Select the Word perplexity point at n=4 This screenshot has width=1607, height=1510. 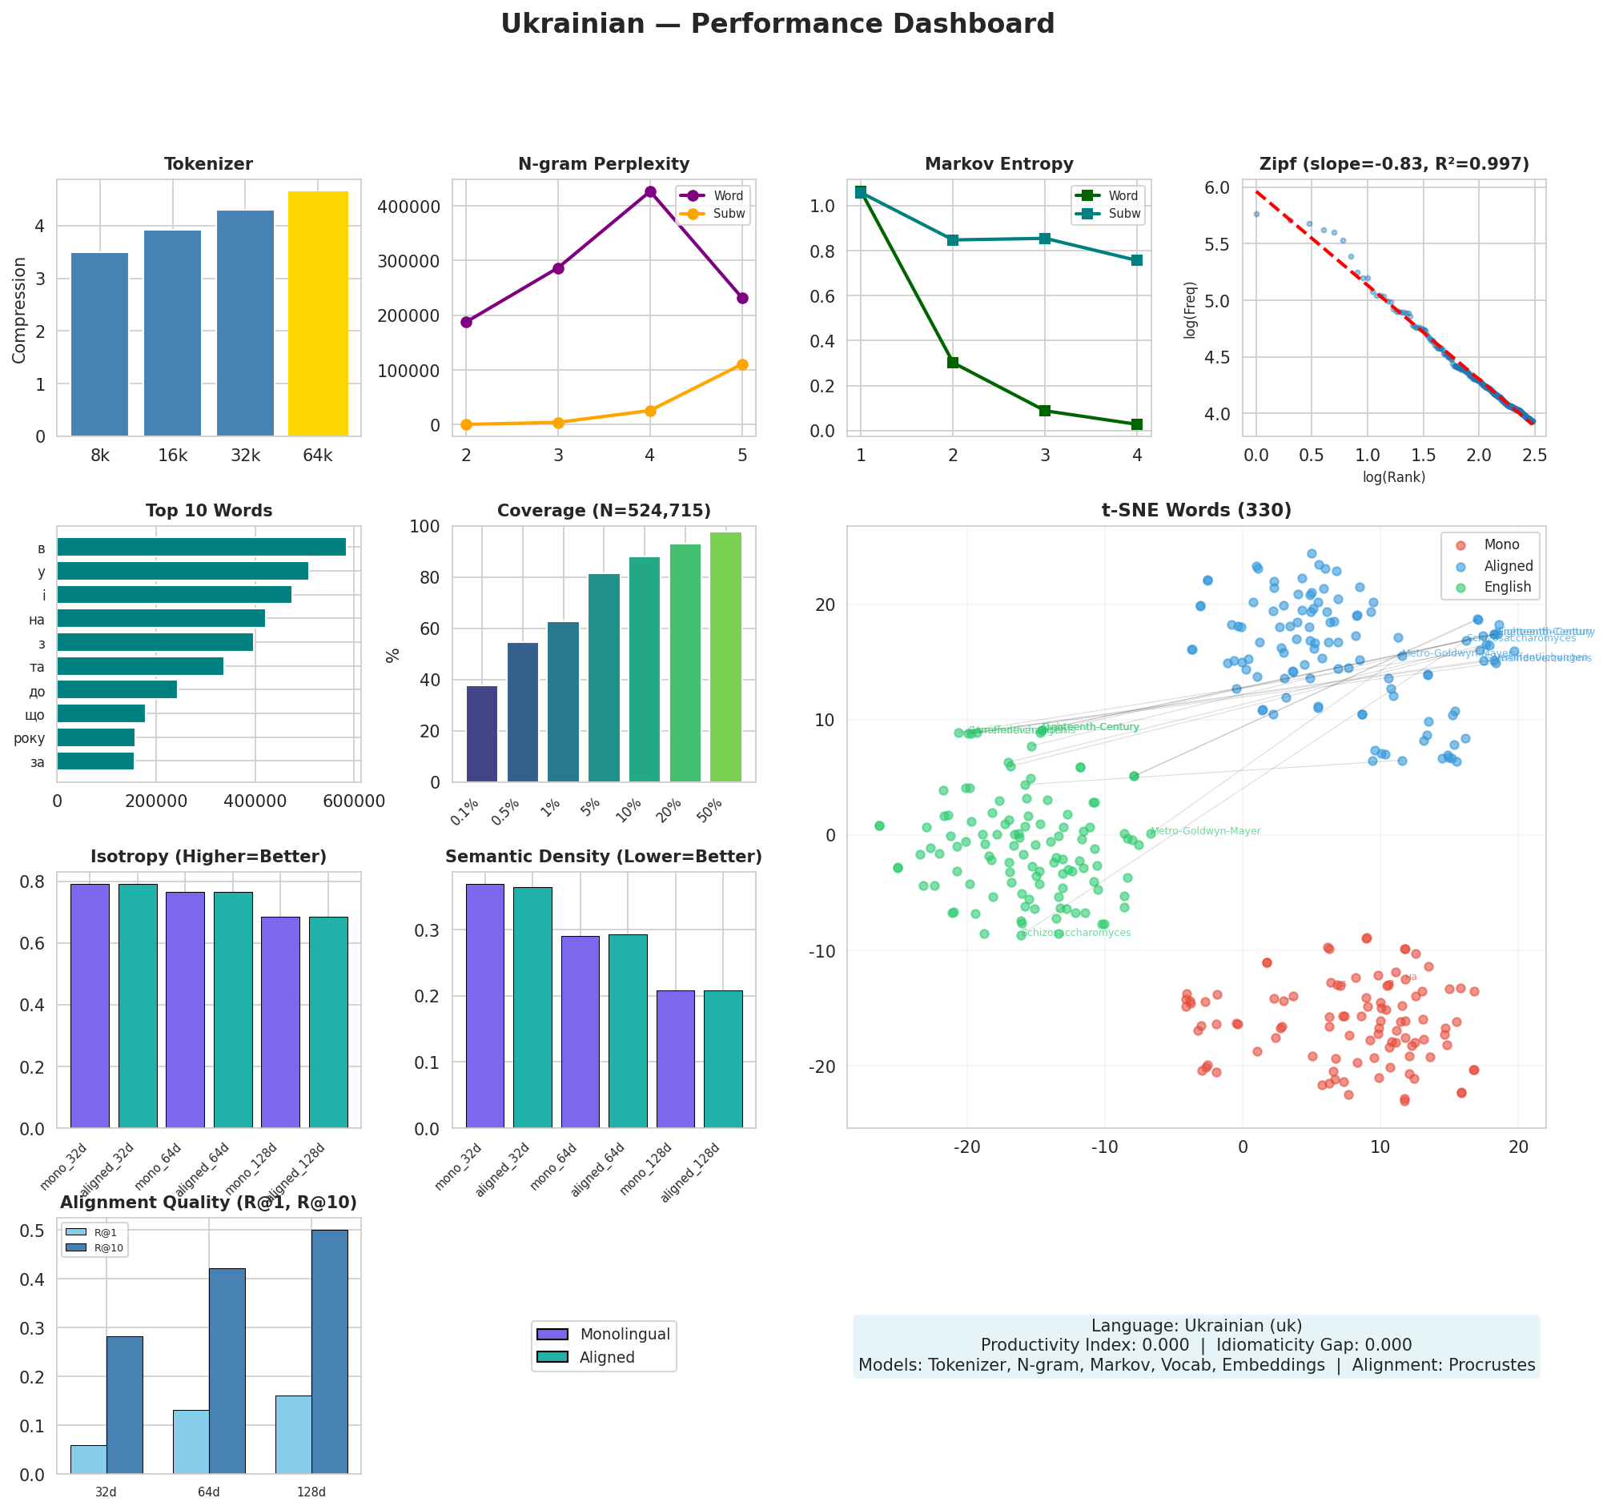(650, 191)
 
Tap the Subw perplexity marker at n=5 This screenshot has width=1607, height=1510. (742, 364)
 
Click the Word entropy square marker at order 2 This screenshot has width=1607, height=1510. (953, 363)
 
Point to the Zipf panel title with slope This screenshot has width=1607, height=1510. (1393, 165)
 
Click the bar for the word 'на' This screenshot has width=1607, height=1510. (161, 619)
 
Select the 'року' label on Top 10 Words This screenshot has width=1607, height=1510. (30, 738)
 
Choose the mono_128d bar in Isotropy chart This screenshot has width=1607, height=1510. (280, 1022)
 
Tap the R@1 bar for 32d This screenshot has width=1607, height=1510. (88, 1459)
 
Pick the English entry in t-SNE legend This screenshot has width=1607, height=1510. (1507, 588)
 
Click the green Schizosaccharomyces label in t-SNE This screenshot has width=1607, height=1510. (1076, 933)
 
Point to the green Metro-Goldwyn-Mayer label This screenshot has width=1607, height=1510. (1204, 831)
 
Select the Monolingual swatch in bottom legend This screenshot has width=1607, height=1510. (552, 1335)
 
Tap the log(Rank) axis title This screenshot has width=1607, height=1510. (1393, 477)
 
